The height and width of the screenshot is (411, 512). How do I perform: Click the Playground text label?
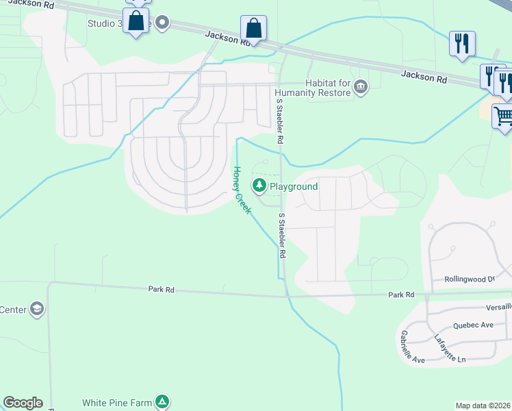point(294,186)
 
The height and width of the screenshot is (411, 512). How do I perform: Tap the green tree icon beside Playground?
point(259,186)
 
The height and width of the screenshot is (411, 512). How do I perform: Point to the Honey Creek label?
point(242,190)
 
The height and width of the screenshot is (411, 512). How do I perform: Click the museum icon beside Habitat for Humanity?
point(361,87)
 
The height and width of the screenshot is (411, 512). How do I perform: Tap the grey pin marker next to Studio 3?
point(162,23)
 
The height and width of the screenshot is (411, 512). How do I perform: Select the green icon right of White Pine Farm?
point(162,402)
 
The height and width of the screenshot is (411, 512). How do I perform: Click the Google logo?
point(23,403)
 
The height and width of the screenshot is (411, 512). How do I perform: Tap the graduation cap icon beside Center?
point(38,310)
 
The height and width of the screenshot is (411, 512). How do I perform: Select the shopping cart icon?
point(503,116)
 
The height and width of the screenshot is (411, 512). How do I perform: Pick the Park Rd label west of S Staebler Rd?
point(162,290)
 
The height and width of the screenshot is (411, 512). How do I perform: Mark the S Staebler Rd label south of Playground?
point(281,235)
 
